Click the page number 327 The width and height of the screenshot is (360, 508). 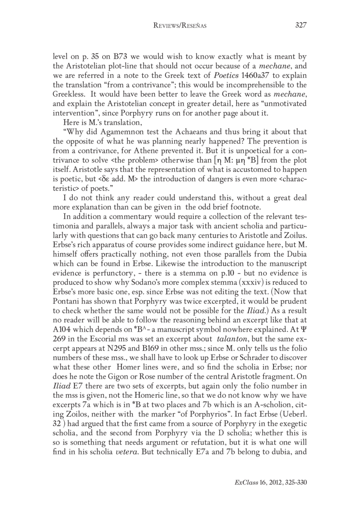(300, 26)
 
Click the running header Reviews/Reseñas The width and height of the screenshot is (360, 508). (180, 26)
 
